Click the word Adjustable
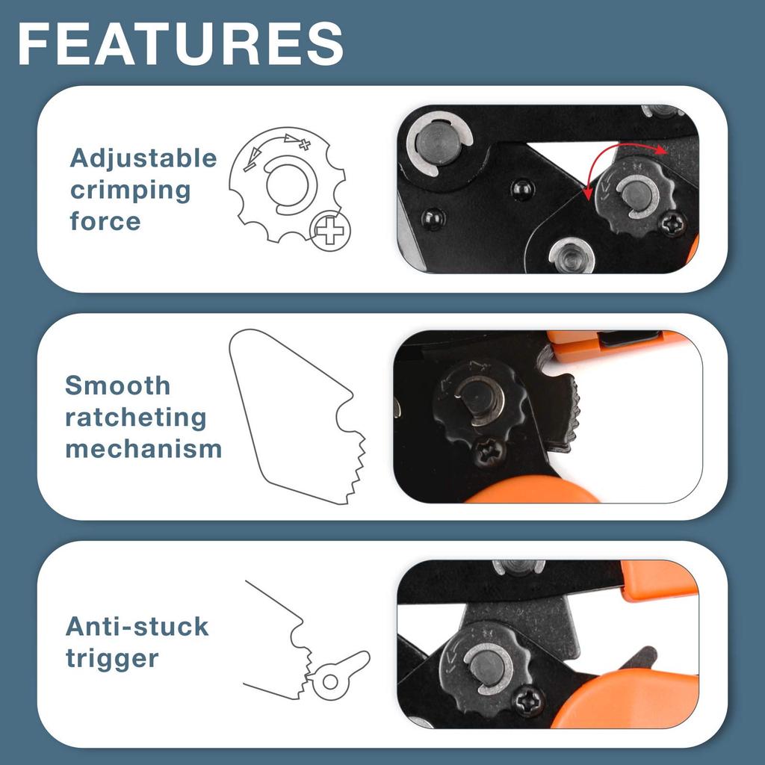coord(143,158)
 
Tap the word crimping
coord(131,191)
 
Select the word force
coord(105,222)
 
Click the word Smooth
coord(118,386)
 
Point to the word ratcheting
coord(135,418)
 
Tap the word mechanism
coord(143,449)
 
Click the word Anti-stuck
coord(137,626)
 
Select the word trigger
coord(112,659)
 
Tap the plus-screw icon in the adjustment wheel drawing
coord(329,231)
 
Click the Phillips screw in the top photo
coord(673,223)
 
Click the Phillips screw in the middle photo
coord(489,450)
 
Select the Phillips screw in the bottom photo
coord(529,701)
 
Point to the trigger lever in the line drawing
coord(341,672)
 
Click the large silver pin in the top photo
coord(436,143)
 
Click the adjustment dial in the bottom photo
coord(484,665)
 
